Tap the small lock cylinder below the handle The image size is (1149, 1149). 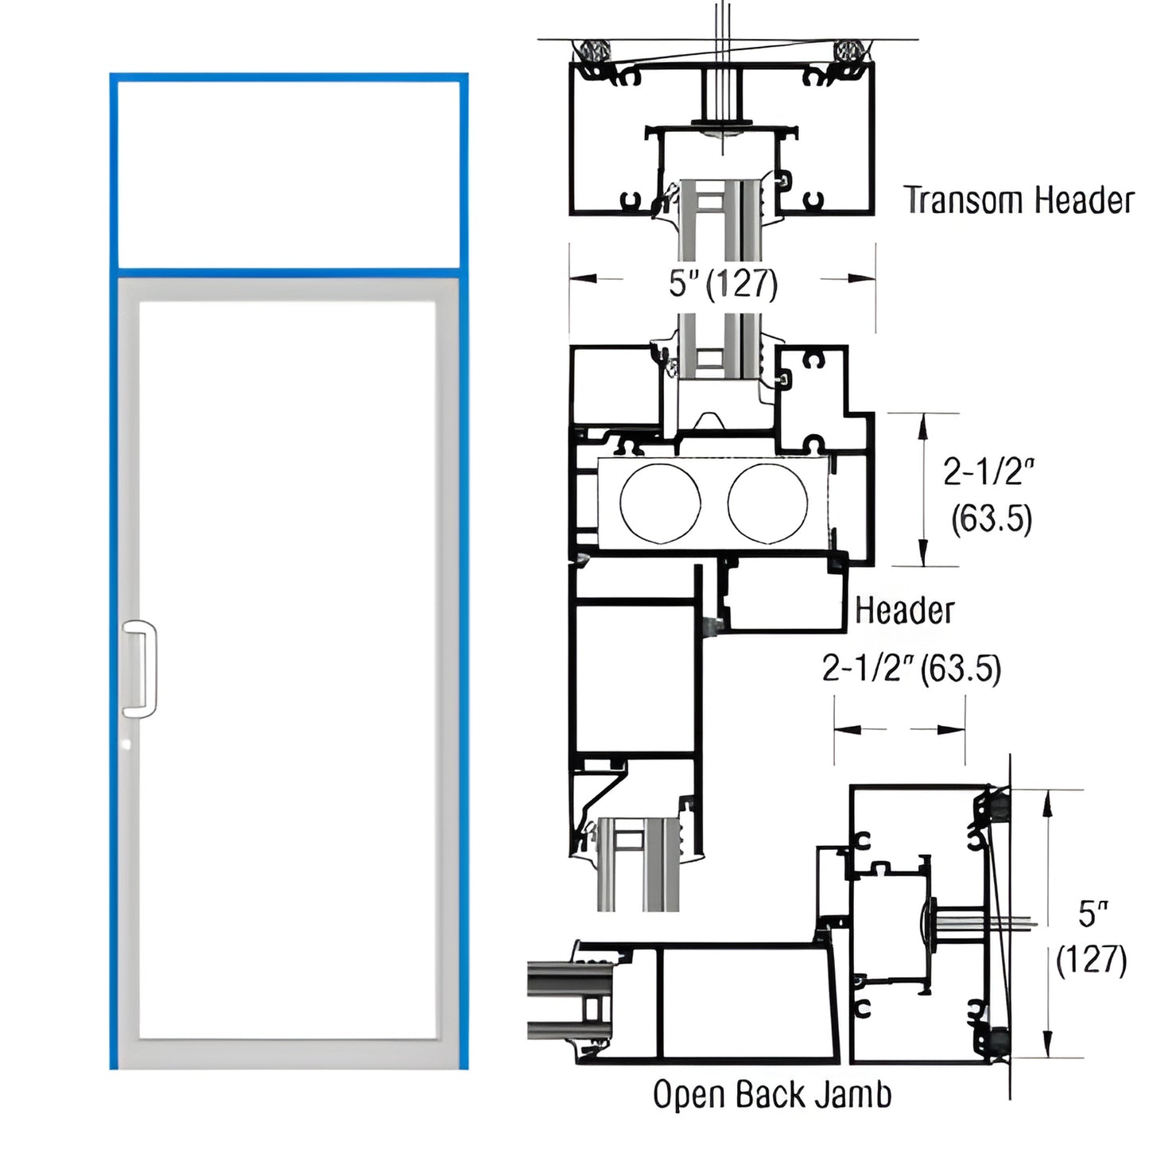[x=127, y=745]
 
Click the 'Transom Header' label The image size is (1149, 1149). [x=1019, y=200]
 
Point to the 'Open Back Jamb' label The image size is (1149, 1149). [x=771, y=1095]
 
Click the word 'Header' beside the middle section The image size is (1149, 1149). [x=904, y=611]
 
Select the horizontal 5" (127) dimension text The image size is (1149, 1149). [x=722, y=282]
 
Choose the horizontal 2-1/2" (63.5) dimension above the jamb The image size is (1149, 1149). [x=911, y=668]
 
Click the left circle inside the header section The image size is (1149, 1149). [x=660, y=504]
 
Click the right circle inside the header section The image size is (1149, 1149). [x=767, y=504]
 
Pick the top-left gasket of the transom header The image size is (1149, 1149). [x=593, y=53]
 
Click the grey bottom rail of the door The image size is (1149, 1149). [x=288, y=1054]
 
